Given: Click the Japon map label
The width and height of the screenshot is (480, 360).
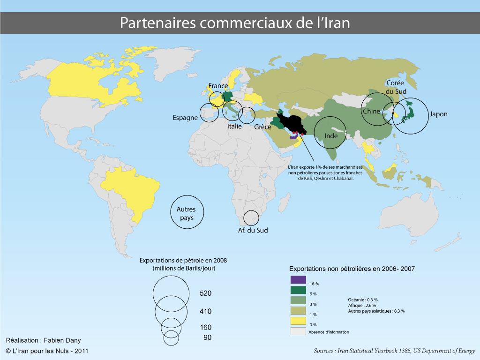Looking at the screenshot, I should (438, 114).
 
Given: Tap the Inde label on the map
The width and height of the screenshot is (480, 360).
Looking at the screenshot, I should (331, 136).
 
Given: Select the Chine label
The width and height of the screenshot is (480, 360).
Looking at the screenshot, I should (372, 112).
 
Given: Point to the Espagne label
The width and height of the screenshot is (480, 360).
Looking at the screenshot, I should (185, 118).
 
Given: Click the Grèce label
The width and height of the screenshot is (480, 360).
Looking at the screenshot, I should (263, 127).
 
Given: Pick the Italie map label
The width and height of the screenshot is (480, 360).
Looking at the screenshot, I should (234, 127).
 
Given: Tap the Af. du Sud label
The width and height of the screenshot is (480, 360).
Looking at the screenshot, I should (253, 230).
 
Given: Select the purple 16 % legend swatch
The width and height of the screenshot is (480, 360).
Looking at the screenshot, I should (298, 279).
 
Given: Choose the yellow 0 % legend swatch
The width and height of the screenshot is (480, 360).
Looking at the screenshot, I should (298, 321).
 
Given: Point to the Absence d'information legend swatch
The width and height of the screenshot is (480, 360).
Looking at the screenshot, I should (298, 331).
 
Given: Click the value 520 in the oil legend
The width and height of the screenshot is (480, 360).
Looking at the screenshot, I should (206, 293).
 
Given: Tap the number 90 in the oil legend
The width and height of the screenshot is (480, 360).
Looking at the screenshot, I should (207, 337).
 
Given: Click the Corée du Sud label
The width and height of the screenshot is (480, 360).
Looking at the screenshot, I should (396, 87).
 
